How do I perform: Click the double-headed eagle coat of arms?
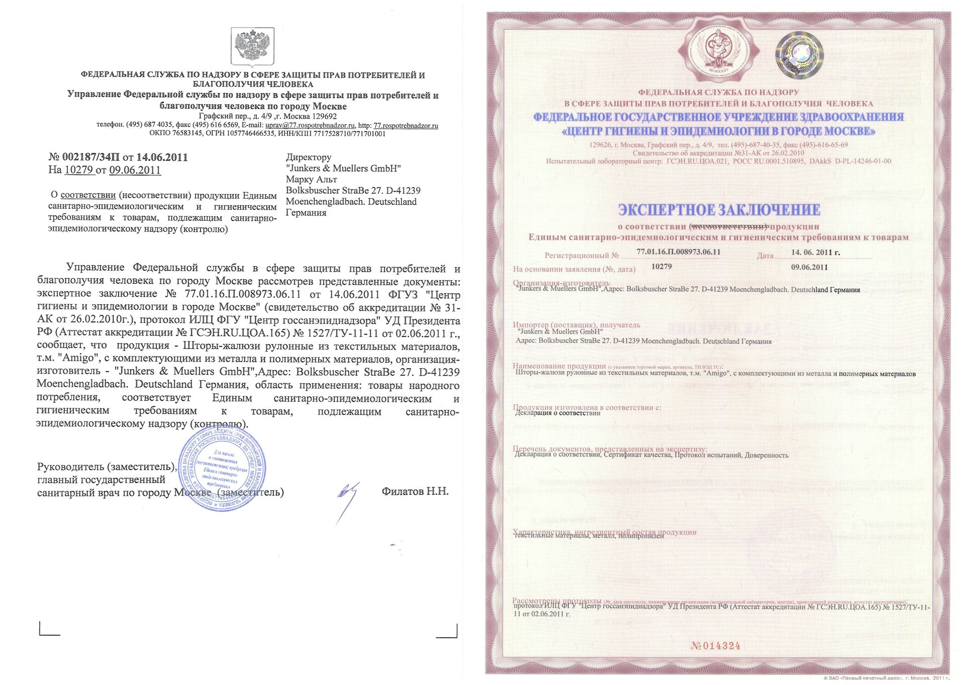[252, 47]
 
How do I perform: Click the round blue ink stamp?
[223, 469]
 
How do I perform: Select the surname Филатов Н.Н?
[415, 491]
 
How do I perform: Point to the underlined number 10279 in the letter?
[79, 170]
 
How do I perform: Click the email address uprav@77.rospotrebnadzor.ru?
[310, 125]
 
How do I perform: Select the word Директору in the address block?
[309, 157]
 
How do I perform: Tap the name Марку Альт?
[311, 180]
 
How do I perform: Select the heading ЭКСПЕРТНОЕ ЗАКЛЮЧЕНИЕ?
[719, 210]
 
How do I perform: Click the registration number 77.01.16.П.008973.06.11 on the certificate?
[679, 252]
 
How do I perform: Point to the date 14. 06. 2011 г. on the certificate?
[815, 252]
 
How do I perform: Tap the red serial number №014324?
[716, 646]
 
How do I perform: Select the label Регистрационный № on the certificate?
[582, 255]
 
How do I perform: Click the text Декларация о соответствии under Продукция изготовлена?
[558, 413]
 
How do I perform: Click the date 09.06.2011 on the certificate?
[809, 267]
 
